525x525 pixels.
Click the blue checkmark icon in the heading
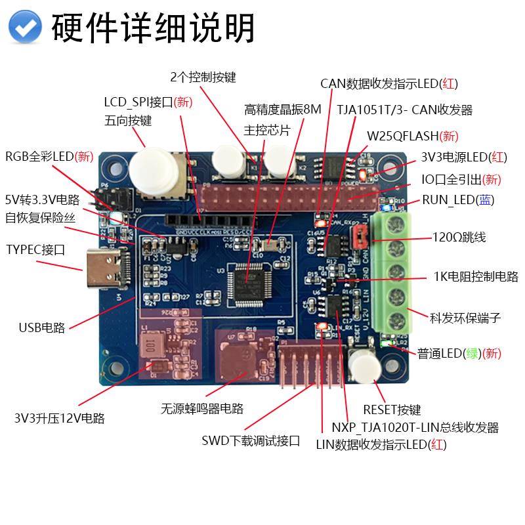(x=26, y=28)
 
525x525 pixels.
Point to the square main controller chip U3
(x=250, y=283)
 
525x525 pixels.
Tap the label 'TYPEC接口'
(x=35, y=249)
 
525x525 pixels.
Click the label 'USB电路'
(x=42, y=327)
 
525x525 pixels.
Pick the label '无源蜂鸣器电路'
(x=202, y=408)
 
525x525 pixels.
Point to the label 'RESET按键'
(x=392, y=410)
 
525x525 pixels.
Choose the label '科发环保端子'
(x=465, y=318)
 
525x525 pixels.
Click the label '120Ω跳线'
(x=459, y=238)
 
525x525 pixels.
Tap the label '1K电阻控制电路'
(x=476, y=276)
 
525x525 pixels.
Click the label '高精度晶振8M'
(x=283, y=109)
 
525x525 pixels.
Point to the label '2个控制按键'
(x=203, y=77)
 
